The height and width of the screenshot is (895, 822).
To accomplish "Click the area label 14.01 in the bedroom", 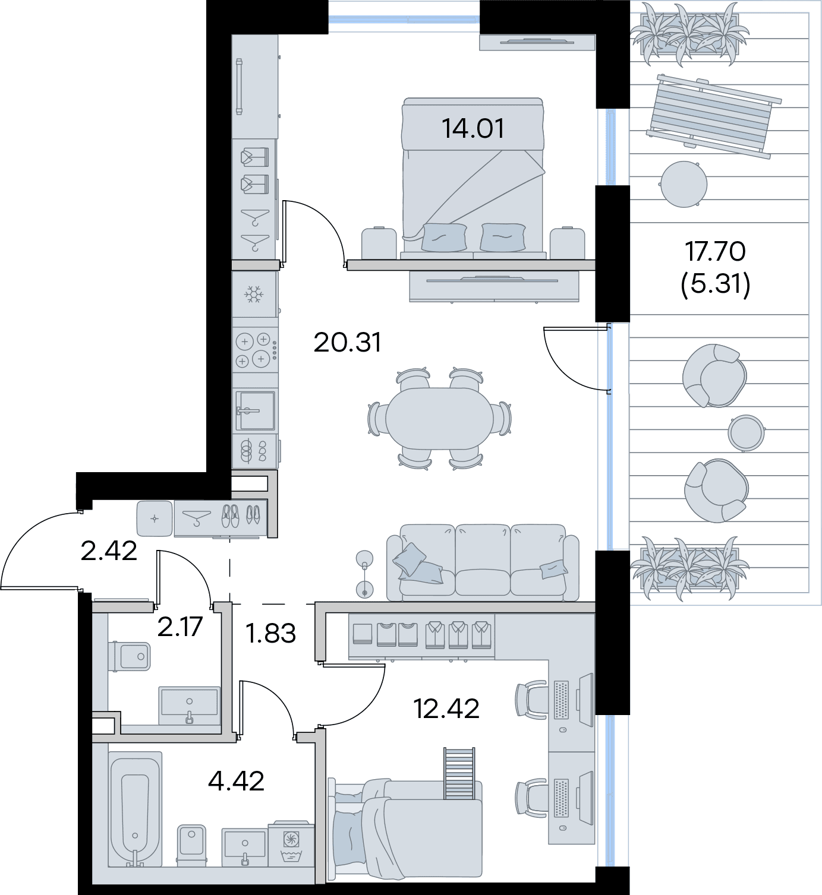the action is pyautogui.click(x=473, y=128).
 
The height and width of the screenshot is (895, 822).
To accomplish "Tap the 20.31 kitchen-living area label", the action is pyautogui.click(x=347, y=343).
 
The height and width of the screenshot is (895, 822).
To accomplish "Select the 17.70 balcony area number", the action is pyautogui.click(x=715, y=251).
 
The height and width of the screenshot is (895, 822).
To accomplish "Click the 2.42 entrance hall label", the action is pyautogui.click(x=109, y=551).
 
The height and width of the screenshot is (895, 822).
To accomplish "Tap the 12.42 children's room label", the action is pyautogui.click(x=446, y=709).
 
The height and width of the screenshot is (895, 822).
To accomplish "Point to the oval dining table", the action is pyautogui.click(x=439, y=419).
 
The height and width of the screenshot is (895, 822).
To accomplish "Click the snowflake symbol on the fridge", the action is pyautogui.click(x=254, y=295).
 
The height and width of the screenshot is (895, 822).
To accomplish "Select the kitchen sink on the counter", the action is pyautogui.click(x=255, y=411).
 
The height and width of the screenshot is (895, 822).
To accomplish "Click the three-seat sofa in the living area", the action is pyautogui.click(x=483, y=562).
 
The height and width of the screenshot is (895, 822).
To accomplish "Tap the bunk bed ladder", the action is pyautogui.click(x=459, y=773).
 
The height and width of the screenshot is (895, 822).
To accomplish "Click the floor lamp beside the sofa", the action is pyautogui.click(x=365, y=574).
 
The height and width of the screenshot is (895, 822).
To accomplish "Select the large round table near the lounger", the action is pyautogui.click(x=684, y=184).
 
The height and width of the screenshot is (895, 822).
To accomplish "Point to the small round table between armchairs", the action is pyautogui.click(x=746, y=433).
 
